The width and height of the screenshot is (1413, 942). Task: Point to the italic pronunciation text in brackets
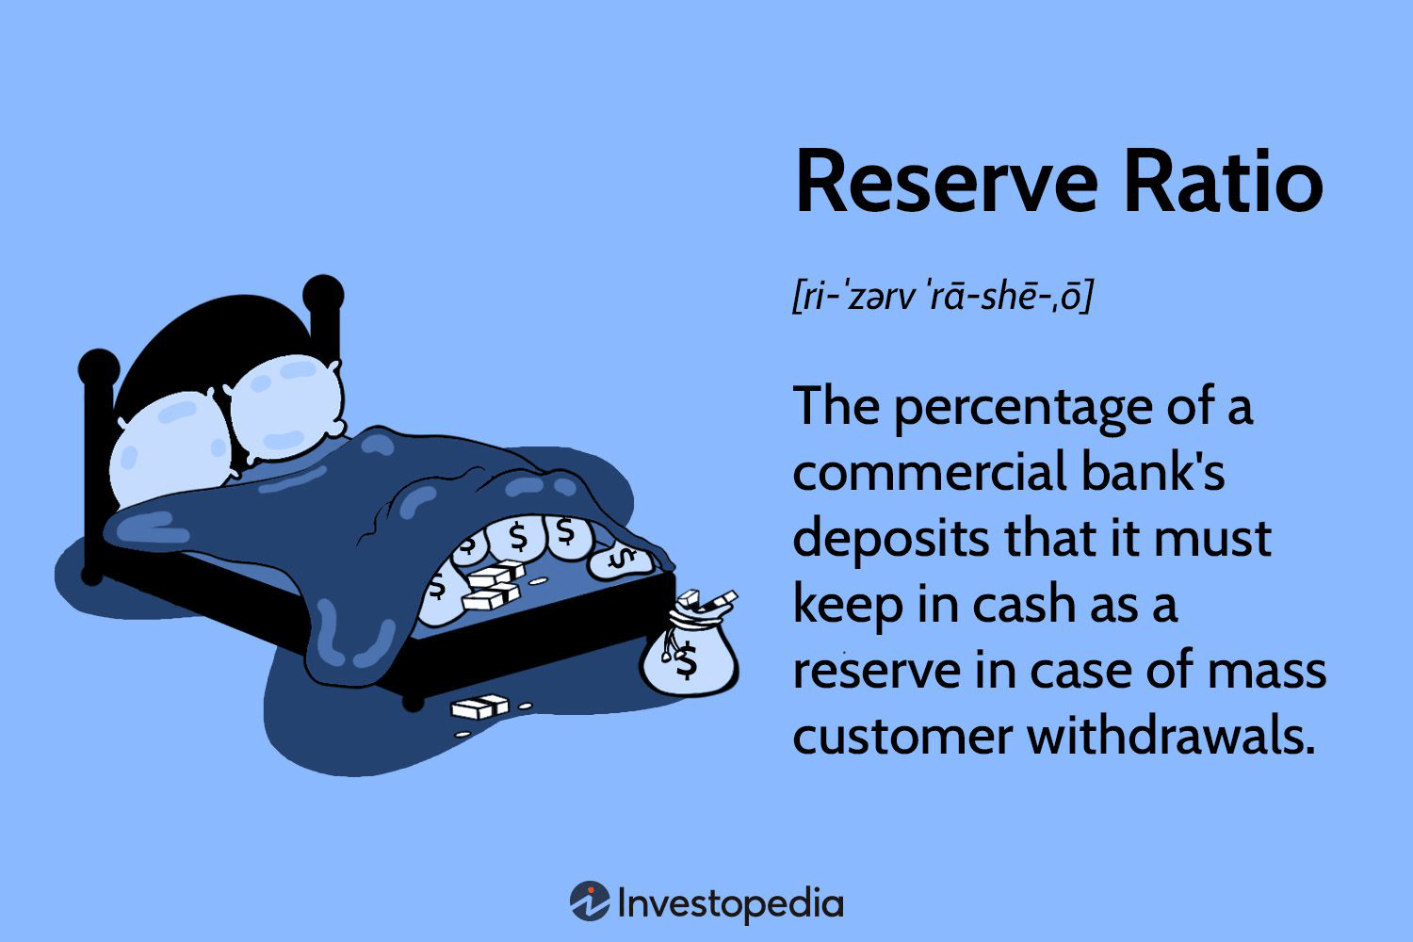942,296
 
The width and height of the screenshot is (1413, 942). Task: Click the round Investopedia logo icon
590,901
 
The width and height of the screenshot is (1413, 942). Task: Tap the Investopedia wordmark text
730,903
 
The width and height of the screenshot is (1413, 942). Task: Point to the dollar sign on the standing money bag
686,660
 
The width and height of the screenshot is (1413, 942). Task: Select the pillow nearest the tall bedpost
285,407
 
